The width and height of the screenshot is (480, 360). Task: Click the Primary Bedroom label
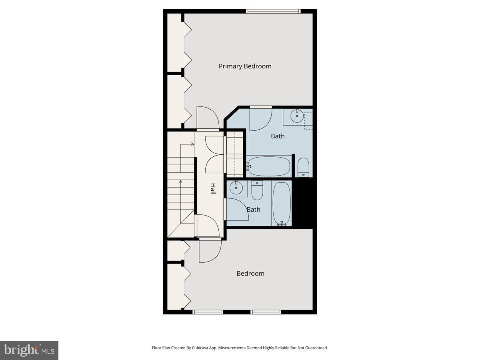tap(245, 66)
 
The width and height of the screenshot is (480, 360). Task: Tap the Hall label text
tap(213, 189)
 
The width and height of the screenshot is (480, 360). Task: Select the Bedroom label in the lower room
tap(250, 274)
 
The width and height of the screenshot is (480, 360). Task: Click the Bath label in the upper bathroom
tap(278, 136)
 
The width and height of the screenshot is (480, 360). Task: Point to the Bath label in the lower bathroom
tap(253, 209)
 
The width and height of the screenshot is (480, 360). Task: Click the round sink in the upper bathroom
tap(297, 117)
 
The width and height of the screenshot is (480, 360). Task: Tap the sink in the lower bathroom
tap(236, 188)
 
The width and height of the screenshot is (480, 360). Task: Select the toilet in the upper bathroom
tap(303, 167)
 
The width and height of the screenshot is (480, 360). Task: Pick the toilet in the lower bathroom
tap(257, 191)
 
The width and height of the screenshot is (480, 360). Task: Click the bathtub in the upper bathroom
tap(268, 166)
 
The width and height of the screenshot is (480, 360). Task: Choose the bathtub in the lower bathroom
tap(282, 204)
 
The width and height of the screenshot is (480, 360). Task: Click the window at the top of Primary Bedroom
tap(273, 11)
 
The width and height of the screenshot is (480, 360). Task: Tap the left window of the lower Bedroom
tap(208, 312)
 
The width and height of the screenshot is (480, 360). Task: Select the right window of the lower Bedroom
tap(266, 312)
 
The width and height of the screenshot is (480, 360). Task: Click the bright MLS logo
tap(29, 350)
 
